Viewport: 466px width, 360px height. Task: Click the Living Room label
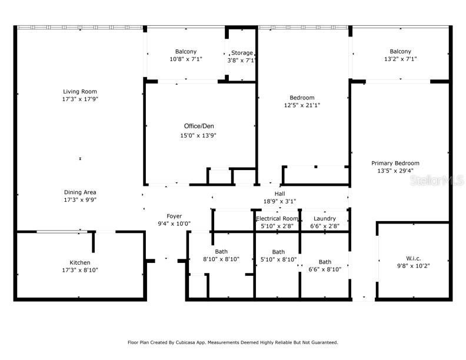coord(80,92)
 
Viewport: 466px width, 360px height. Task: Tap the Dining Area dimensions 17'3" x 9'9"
coord(80,200)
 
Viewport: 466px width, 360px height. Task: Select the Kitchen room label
coord(80,262)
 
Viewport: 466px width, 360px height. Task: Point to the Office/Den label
coord(199,126)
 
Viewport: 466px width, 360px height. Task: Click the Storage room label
coord(242,53)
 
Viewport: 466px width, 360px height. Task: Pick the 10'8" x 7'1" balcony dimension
coord(186,59)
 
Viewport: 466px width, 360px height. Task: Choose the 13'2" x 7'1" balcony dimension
coord(400,59)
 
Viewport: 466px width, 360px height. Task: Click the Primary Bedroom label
coord(395,163)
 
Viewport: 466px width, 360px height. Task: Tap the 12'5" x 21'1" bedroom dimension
coord(302,105)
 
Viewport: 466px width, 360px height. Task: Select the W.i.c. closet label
coord(414,258)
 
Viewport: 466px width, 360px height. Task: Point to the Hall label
coord(279,194)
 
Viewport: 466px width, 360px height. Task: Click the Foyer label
coord(174,216)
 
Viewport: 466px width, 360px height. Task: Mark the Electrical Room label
coord(277,219)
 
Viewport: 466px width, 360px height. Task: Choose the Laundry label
coord(325,219)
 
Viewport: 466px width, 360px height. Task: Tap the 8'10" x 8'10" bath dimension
coord(221,259)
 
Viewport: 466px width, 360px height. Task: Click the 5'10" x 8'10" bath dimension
coord(278,259)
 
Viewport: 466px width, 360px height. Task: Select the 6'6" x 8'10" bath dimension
coord(325,269)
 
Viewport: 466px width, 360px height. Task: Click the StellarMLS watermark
coord(437,180)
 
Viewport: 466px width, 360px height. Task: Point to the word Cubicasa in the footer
coord(185,342)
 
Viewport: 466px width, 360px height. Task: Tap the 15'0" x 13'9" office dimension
coord(198,136)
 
